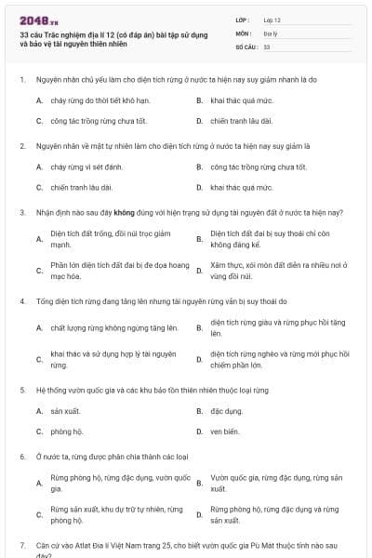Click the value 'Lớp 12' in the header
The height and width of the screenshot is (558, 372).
pos(272,20)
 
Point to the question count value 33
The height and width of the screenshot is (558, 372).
pos(266,46)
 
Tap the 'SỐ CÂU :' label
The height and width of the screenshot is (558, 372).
pos(245,46)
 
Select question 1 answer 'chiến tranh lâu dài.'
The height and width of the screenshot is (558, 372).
pos(241,121)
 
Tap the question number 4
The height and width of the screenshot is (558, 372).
pos(21,301)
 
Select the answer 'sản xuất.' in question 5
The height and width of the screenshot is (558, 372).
pos(65,410)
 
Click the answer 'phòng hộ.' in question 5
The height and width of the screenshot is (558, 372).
pos(67,432)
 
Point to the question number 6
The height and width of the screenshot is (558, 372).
pos(21,457)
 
